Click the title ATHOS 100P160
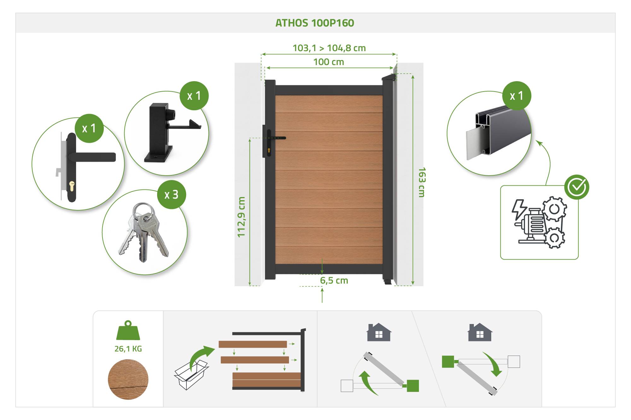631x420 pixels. (315, 23)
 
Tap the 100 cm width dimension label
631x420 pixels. (328, 62)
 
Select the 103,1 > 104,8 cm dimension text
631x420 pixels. (329, 48)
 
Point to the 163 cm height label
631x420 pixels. (422, 182)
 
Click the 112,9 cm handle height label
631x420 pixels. (241, 217)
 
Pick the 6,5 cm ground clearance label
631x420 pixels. (334, 280)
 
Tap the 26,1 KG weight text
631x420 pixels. (128, 349)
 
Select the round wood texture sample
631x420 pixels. (128, 379)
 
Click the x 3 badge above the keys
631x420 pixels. (172, 195)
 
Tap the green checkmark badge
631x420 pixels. (577, 187)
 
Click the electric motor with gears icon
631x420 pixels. (539, 222)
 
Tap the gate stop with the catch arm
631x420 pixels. (168, 132)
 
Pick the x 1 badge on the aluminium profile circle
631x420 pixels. (517, 96)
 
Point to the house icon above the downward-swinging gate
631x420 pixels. (480, 332)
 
